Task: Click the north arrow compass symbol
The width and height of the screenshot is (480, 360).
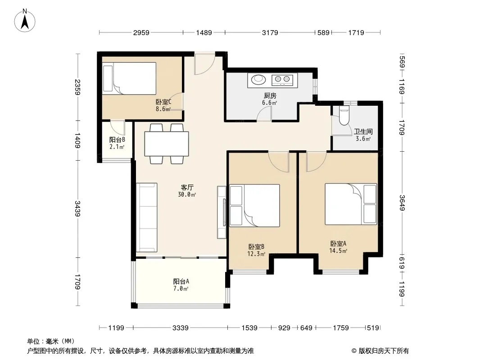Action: coord(25,20)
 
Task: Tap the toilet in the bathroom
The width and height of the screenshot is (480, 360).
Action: coord(344,116)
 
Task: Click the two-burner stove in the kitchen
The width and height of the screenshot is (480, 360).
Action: coord(282,80)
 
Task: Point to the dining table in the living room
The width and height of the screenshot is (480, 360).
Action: coord(167,144)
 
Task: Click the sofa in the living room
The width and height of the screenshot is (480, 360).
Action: coord(147,217)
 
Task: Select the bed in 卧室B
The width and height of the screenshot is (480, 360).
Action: coord(255,206)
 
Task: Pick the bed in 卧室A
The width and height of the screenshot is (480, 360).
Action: coord(351,204)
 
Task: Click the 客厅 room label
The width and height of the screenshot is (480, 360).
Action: coord(187,187)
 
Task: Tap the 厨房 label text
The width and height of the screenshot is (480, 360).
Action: coord(270,96)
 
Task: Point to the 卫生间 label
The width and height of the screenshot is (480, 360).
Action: coord(363,131)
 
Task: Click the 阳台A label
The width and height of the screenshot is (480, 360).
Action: coord(181,281)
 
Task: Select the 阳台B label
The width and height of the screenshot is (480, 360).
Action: coord(117,140)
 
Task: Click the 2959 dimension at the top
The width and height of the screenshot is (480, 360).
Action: coord(141,32)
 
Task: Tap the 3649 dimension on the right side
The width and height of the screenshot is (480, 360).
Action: coord(402,203)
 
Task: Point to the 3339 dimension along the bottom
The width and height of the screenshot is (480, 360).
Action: coord(180,328)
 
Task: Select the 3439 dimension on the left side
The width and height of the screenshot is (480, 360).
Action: coord(77,209)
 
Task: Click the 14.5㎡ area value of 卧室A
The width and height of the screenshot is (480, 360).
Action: coord(338,251)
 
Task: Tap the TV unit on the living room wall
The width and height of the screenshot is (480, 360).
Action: coord(222,212)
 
